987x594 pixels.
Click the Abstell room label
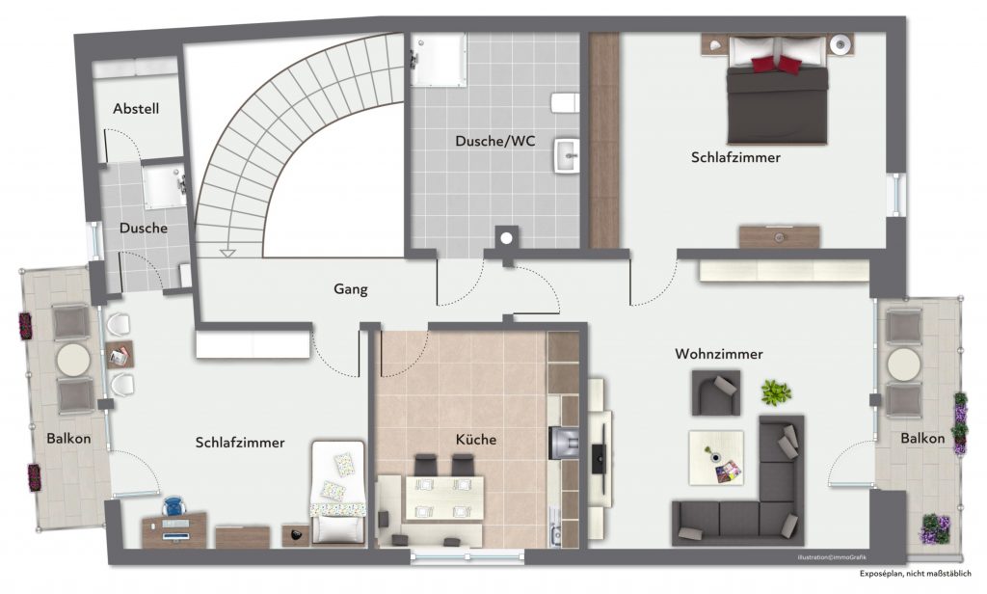[x=136, y=108]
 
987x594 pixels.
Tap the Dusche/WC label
[x=495, y=141]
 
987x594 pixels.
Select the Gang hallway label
[x=351, y=289]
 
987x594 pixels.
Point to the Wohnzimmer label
[x=719, y=353]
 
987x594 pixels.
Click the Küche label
[x=476, y=439]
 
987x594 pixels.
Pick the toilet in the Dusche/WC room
[x=565, y=102]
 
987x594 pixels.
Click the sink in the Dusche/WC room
[x=567, y=155]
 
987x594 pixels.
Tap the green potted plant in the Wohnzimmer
[x=776, y=392]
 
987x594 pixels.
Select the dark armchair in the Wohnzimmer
[x=716, y=392]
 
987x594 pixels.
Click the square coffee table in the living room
[x=716, y=458]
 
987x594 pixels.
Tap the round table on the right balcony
[x=904, y=364]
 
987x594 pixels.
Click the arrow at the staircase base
[x=227, y=254]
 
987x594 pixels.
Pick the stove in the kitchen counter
[x=563, y=443]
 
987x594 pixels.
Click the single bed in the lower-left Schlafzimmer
[x=338, y=492]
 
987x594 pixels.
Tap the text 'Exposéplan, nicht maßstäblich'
[x=916, y=573]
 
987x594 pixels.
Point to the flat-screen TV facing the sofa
[x=600, y=449]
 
